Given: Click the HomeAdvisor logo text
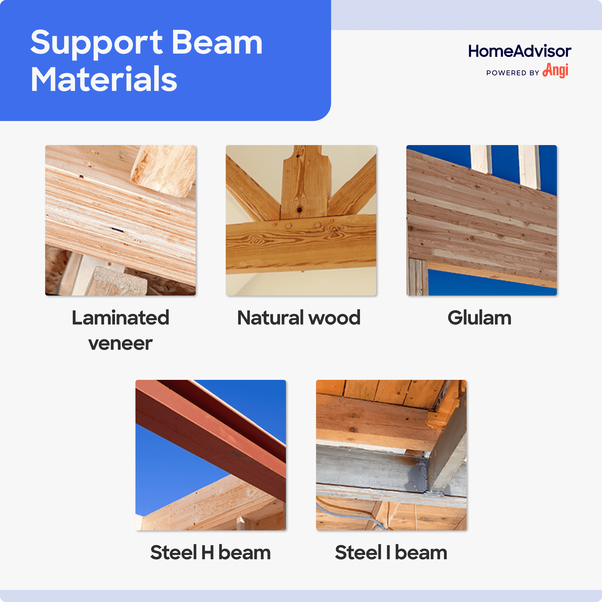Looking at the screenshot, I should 520,51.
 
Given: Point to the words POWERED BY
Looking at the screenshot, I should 513,73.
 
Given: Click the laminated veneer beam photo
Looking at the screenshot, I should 120,220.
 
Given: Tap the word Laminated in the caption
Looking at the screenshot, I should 120,318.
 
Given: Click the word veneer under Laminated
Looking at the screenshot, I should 120,343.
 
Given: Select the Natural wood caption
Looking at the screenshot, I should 299,318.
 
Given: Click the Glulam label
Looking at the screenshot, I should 479,318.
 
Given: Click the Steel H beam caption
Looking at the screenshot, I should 210,552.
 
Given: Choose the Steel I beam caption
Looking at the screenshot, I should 391,552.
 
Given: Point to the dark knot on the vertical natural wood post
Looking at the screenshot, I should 299,209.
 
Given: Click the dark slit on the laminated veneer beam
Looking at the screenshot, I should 117,230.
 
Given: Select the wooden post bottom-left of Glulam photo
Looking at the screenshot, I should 417,277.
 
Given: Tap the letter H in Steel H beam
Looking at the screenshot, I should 207,552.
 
